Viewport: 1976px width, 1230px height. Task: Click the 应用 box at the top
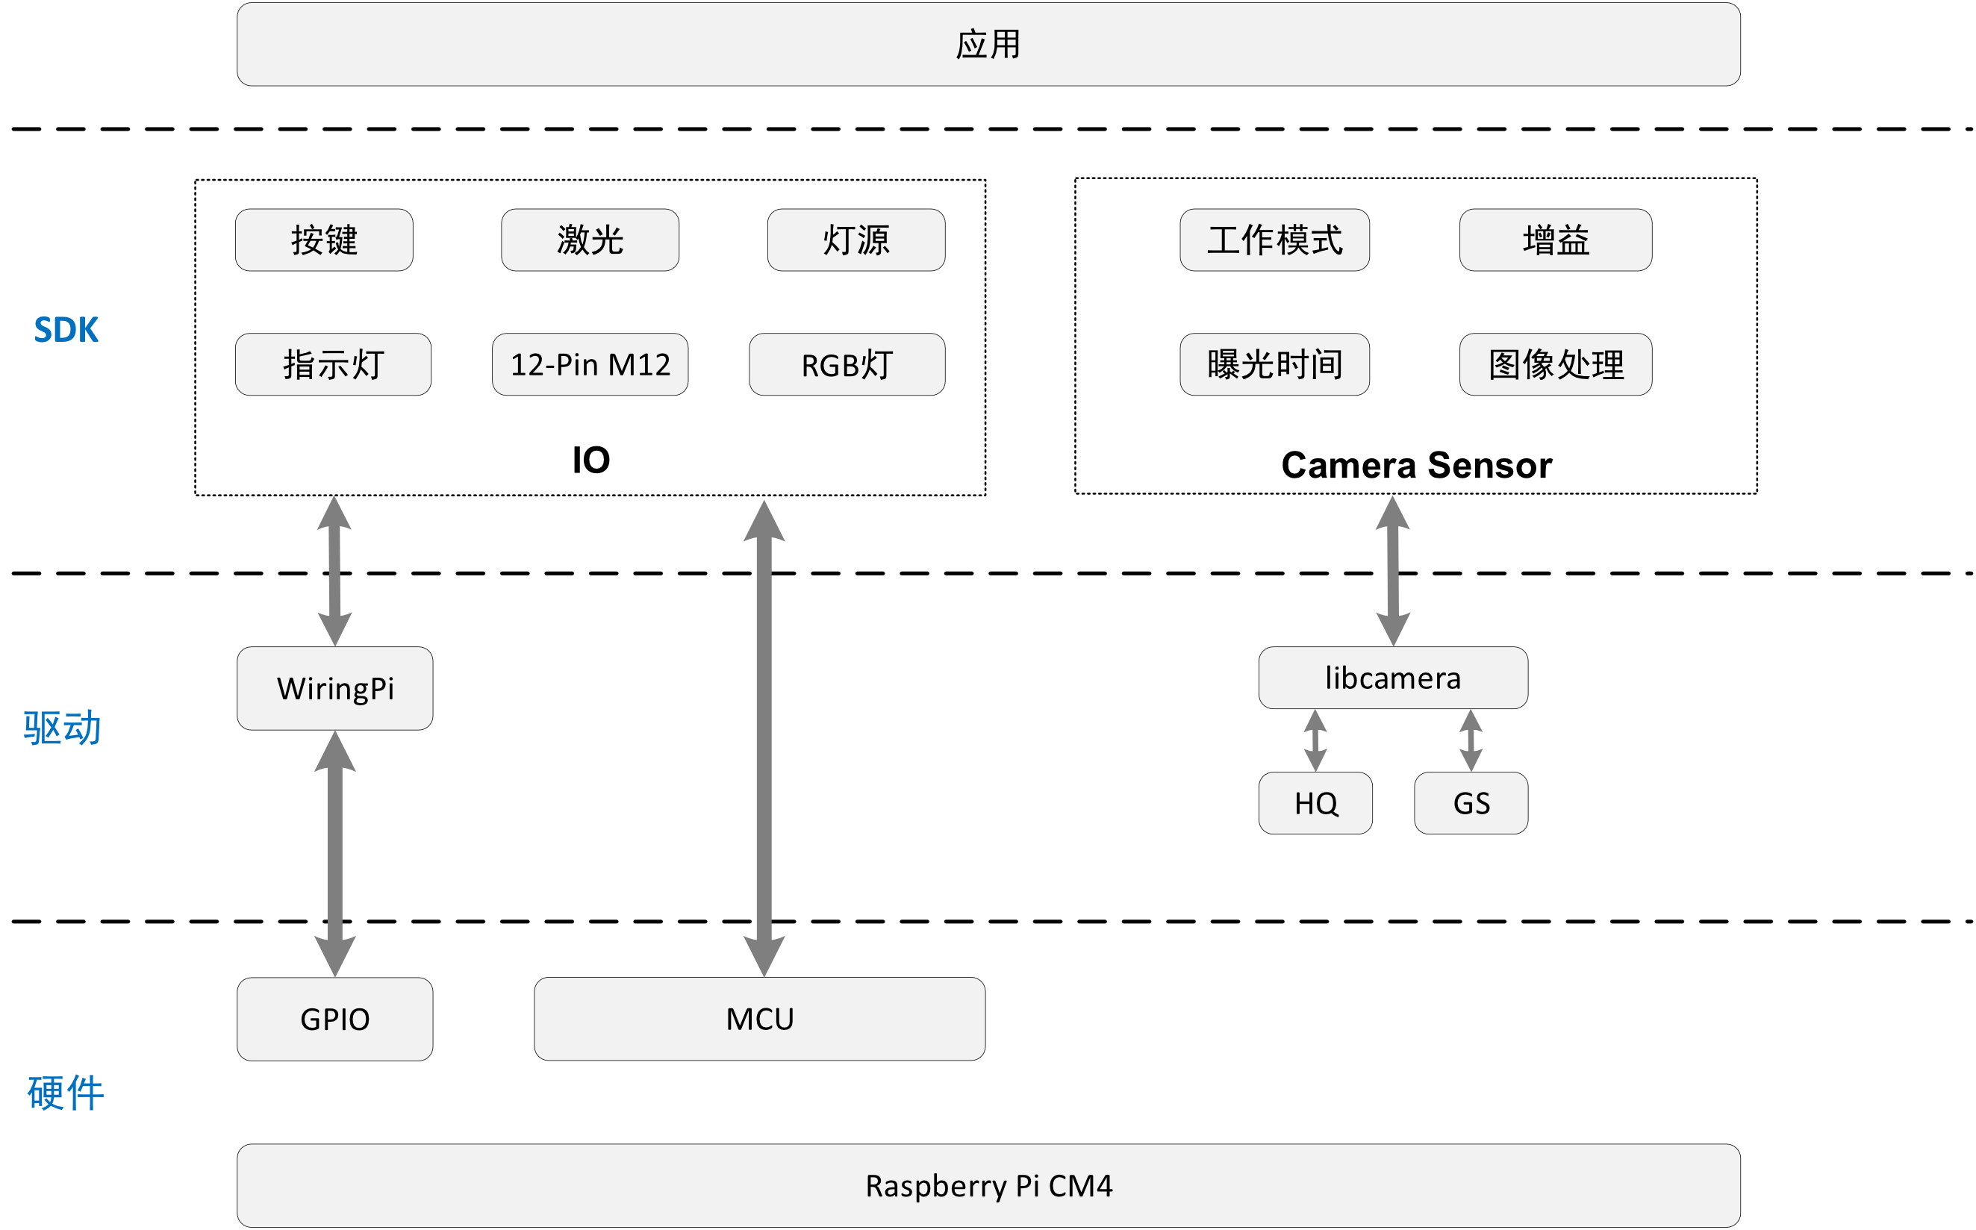pos(988,45)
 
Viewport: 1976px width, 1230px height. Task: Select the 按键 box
pos(324,240)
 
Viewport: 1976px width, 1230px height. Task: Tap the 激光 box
pos(590,240)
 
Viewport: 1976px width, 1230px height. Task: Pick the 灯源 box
pos(855,240)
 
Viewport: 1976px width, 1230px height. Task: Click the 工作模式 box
pos(1274,240)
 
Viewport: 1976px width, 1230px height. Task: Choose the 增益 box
pos(1555,240)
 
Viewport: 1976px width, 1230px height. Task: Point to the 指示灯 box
pos(333,364)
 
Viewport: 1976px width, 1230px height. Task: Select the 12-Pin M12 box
pos(590,364)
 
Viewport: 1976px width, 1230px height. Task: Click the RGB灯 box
pos(846,364)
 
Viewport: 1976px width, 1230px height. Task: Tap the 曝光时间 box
pos(1274,364)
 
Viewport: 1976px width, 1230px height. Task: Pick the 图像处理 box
pos(1555,364)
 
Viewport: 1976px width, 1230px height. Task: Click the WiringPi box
pos(334,688)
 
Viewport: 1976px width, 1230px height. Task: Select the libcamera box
pos(1393,678)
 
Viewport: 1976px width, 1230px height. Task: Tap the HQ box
pos(1315,803)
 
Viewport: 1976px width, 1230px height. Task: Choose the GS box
pos(1470,803)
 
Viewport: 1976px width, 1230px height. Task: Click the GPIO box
pos(334,1019)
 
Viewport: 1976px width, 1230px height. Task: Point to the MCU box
pos(759,1019)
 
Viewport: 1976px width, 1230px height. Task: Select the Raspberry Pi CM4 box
pos(988,1185)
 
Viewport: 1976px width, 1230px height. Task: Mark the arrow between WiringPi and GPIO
pos(334,853)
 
